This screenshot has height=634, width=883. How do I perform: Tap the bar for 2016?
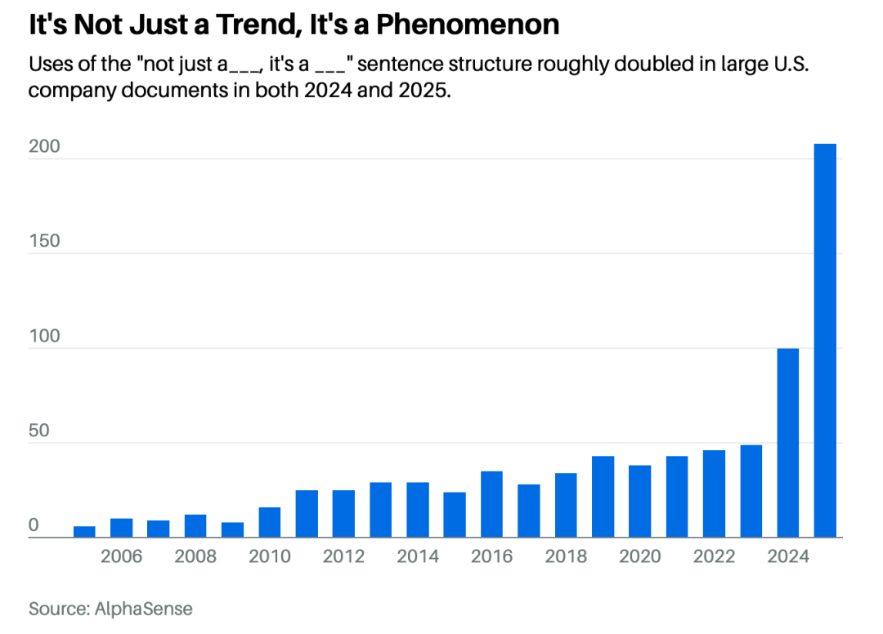pos(491,504)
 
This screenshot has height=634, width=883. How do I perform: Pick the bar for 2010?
pos(270,522)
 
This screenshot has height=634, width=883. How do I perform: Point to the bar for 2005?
pos(84,532)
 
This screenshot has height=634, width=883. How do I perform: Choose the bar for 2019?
pos(603,497)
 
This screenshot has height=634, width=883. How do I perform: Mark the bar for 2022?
pos(714,493)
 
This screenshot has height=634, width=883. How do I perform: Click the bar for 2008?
pos(195,525)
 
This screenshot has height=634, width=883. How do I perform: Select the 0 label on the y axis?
pos(34,525)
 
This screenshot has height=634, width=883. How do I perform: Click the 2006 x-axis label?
pos(121,557)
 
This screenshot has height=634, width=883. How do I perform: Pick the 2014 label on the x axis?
pos(418,557)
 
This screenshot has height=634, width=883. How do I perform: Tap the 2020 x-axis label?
pos(640,557)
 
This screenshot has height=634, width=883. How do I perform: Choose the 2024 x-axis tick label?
pos(788,557)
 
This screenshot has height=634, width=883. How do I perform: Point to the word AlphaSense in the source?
pos(144,609)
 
